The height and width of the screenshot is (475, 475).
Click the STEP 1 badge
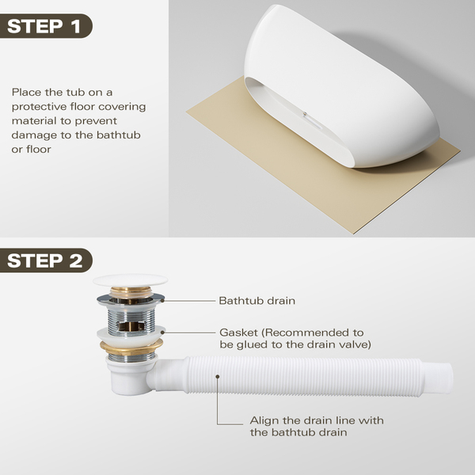click(45, 26)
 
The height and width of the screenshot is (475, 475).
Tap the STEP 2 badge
click(45, 260)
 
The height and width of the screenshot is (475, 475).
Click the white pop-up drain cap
click(131, 280)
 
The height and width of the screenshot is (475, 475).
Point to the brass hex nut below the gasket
click(131, 347)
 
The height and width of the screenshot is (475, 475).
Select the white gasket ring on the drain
click(131, 334)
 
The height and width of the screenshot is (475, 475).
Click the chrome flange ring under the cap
click(131, 299)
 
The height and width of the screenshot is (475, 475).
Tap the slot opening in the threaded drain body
click(131, 326)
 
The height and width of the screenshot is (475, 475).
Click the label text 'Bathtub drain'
click(256, 301)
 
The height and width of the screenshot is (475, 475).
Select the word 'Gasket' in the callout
click(238, 332)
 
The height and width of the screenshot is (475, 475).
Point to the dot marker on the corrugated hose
click(218, 376)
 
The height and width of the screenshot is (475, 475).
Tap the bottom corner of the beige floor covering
click(352, 234)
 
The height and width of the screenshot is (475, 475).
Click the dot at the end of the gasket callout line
click(162, 332)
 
